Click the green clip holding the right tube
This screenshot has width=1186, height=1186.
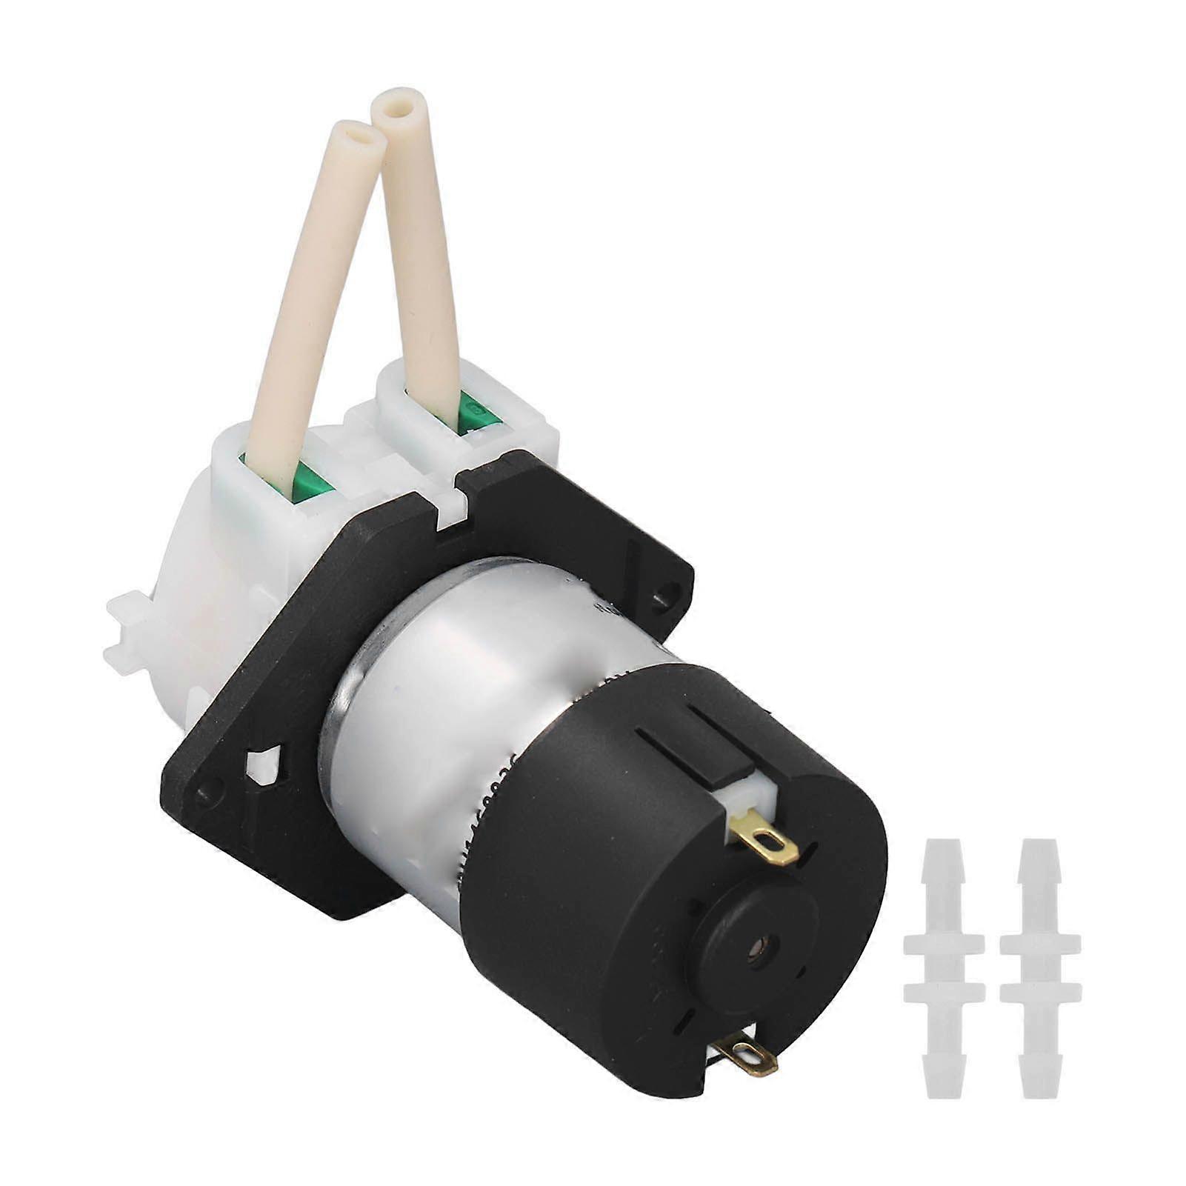pyautogui.click(x=477, y=415)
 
